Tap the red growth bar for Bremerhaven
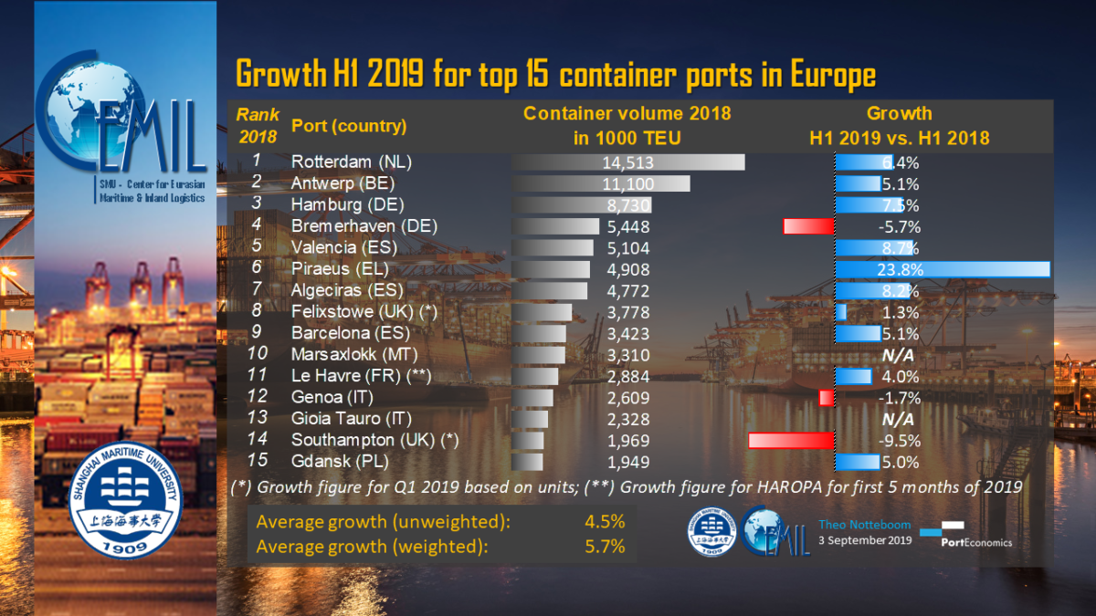(809, 226)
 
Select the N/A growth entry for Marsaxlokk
(898, 355)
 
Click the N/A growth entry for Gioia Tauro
(898, 419)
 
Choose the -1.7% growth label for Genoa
(897, 398)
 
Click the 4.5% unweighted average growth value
(604, 523)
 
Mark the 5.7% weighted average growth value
(604, 547)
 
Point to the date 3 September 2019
(864, 541)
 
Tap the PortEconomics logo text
(976, 541)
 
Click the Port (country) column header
(348, 126)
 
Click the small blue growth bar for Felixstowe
(841, 312)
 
